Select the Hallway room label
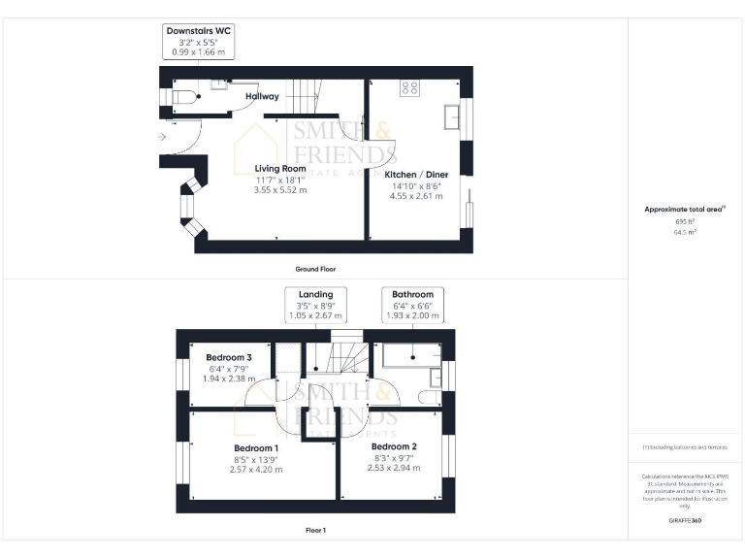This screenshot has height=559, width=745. pos(262,96)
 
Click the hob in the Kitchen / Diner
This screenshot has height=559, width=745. pos(409,87)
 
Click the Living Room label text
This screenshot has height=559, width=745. pos(280,169)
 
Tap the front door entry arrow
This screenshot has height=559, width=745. pos(161,137)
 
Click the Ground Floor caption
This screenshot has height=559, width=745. pos(315,268)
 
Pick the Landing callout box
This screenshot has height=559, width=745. pos(316,305)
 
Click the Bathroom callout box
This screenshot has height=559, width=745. pos(412,305)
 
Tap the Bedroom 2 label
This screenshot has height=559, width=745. pos(394,445)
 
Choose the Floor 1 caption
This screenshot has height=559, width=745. pos(315,530)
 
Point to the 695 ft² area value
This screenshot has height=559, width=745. pos(685,222)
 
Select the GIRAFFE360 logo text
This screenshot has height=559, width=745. pos(685,521)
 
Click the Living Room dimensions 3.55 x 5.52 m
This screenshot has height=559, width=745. pos(280,190)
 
